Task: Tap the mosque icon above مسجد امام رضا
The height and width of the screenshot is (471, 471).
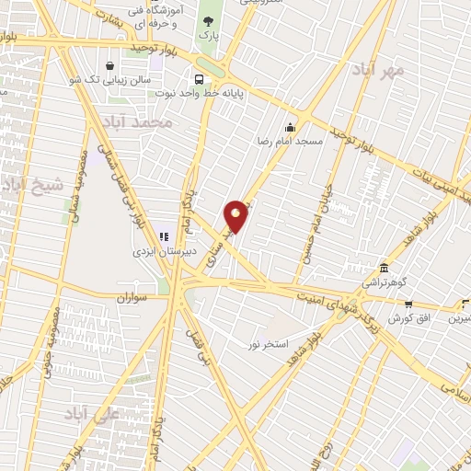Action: point(291,128)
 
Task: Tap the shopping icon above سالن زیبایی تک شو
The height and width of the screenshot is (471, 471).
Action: point(110,65)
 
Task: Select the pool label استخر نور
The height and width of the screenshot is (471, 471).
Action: point(269,344)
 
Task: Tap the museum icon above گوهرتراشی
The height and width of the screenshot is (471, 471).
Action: point(384,270)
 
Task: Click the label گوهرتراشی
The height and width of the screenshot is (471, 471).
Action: point(383,285)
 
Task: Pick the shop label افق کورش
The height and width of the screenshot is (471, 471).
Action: point(408,317)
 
